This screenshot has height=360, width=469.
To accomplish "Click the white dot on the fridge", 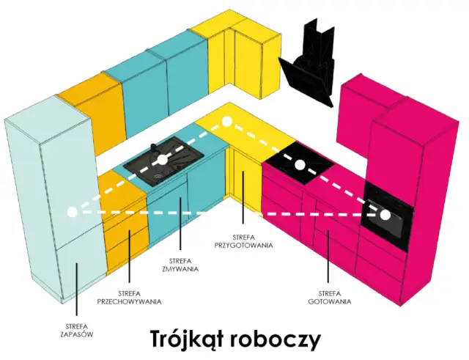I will pyautogui.click(x=72, y=212).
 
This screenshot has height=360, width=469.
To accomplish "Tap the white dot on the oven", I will pyautogui.click(x=385, y=215).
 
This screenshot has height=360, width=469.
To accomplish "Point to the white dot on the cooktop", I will pyautogui.click(x=300, y=165).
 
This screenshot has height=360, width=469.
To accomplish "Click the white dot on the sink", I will pyautogui.click(x=161, y=159).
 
